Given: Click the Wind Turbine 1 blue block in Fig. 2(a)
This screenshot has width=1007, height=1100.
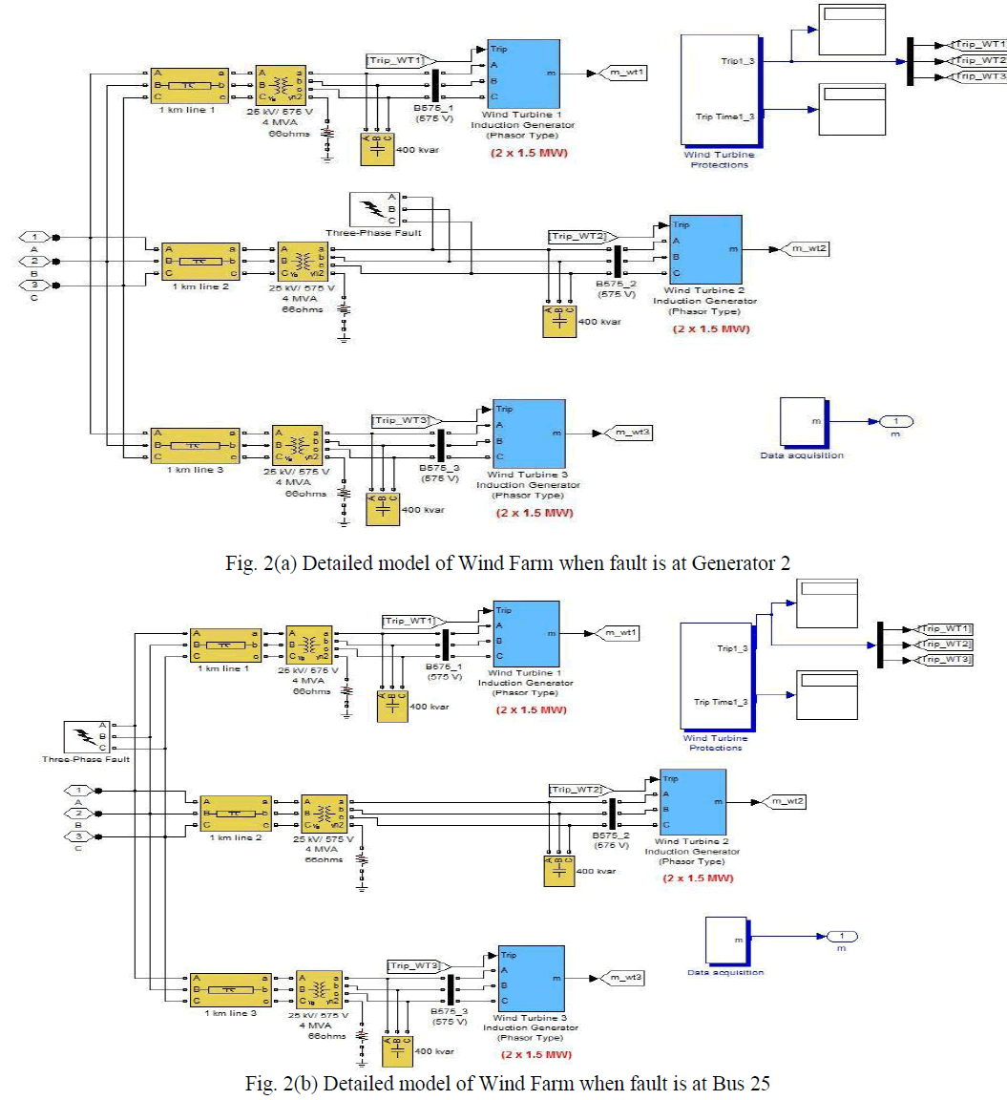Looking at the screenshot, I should pyautogui.click(x=523, y=72).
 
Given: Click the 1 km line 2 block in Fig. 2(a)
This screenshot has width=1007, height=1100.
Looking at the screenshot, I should pyautogui.click(x=199, y=260).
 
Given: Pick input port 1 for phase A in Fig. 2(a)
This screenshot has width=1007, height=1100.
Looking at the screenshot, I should pyautogui.click(x=35, y=237).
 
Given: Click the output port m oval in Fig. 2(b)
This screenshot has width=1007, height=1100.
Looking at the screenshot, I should pyautogui.click(x=841, y=936).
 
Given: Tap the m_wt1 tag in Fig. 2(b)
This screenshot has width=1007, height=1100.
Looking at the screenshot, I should pyautogui.click(x=616, y=632).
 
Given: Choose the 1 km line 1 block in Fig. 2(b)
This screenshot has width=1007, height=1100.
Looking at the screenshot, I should pyautogui.click(x=225, y=645).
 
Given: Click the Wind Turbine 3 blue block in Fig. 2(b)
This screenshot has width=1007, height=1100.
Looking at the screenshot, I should pyautogui.click(x=531, y=979).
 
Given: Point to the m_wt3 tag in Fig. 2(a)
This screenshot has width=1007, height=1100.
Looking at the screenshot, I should pyautogui.click(x=630, y=434).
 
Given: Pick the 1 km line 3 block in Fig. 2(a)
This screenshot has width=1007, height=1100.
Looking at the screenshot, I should pyautogui.click(x=193, y=445).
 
